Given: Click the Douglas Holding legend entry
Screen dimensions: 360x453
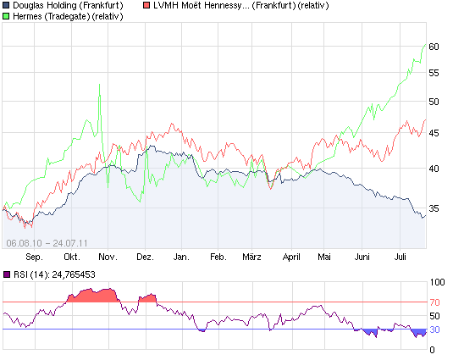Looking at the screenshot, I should pyautogui.click(x=69, y=6).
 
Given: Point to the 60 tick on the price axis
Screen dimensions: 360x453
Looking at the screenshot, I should pyautogui.click(x=434, y=47).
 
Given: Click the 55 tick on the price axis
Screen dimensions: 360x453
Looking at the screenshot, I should pyautogui.click(x=434, y=74).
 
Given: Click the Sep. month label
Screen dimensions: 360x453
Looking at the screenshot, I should pyautogui.click(x=34, y=255).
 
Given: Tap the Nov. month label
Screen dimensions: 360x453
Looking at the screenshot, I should pyautogui.click(x=108, y=255).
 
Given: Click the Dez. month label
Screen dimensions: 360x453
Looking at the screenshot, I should pyautogui.click(x=145, y=255).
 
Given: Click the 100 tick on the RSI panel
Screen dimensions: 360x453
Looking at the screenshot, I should pyautogui.click(x=439, y=282).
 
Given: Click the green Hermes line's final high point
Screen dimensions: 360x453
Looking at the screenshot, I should pyautogui.click(x=425, y=44).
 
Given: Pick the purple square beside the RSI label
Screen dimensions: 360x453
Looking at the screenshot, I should pyautogui.click(x=7, y=274).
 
